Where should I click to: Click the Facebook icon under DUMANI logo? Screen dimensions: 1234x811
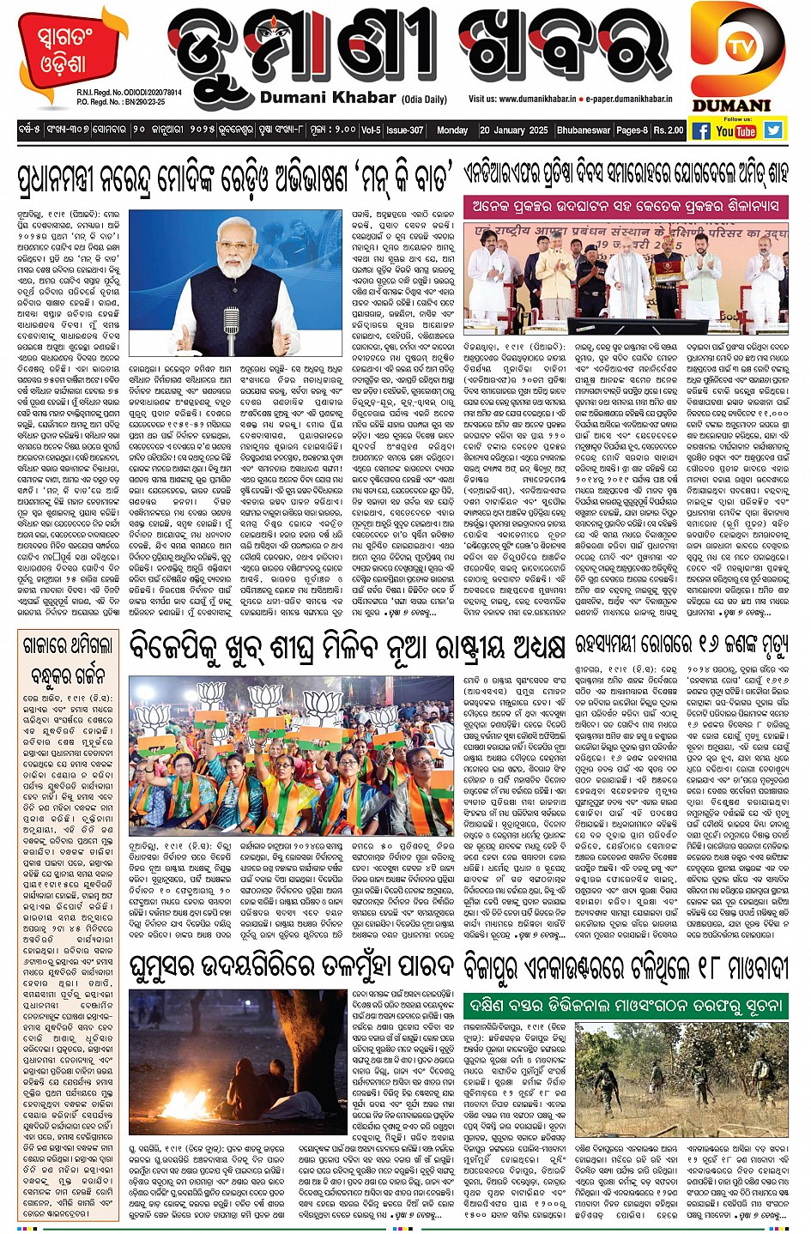700,130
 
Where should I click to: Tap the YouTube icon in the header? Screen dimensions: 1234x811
736,130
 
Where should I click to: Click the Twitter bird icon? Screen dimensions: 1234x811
773,130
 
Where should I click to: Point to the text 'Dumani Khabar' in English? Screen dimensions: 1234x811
328,98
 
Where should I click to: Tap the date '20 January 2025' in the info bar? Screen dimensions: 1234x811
513,130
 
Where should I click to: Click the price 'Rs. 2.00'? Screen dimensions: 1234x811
669,130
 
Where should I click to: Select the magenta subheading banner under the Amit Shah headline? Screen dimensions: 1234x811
625,206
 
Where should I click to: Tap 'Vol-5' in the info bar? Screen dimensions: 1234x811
371,130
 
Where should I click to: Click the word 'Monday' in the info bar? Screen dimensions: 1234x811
451,130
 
